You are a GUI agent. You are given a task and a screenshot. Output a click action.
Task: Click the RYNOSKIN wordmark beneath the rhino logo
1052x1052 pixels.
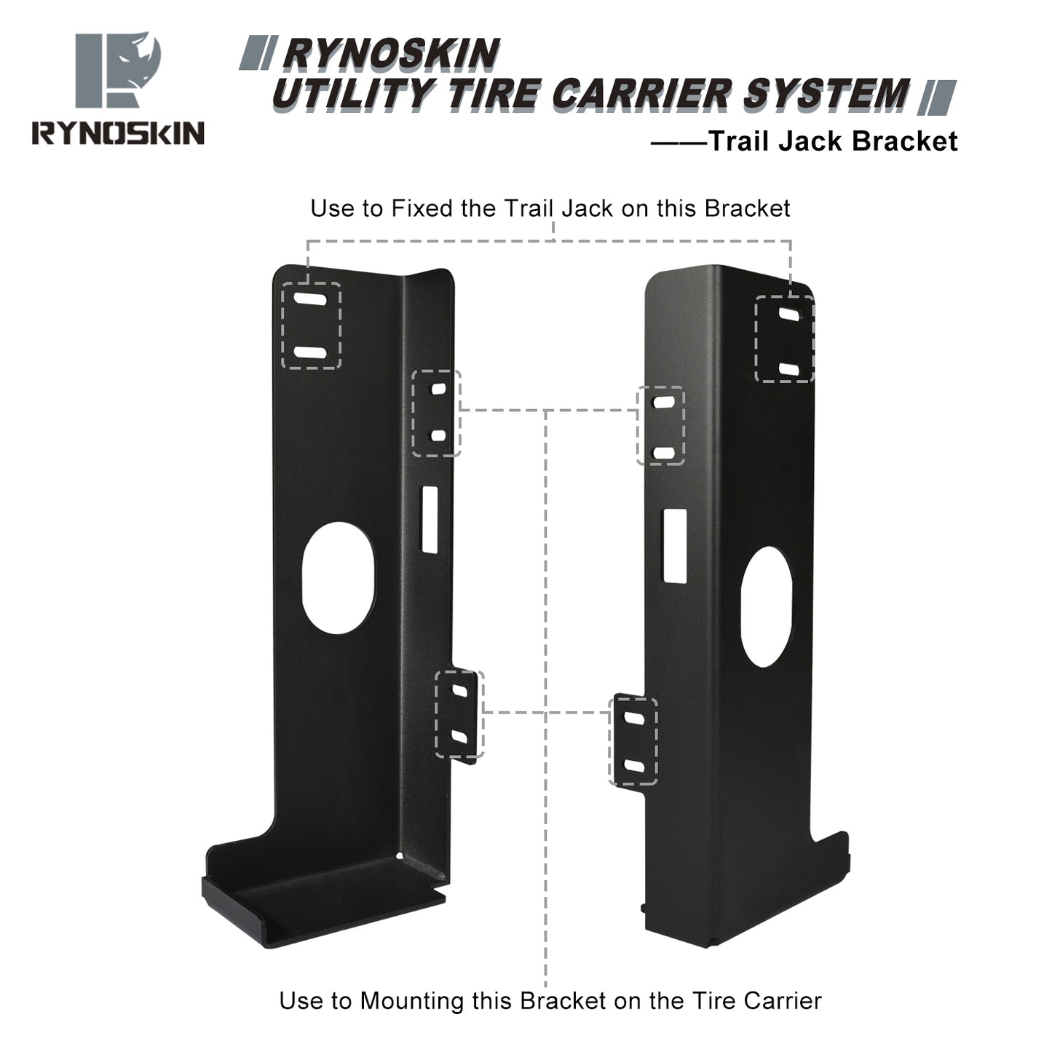coord(118,133)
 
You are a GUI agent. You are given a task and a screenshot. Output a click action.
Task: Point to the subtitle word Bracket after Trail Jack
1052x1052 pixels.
coord(904,141)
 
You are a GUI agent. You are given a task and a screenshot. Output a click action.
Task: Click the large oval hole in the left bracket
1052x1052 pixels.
coord(339,578)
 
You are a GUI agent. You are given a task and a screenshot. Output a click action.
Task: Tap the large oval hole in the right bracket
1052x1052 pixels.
coord(766,606)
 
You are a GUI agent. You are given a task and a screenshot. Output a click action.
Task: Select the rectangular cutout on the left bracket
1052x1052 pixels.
coord(430,520)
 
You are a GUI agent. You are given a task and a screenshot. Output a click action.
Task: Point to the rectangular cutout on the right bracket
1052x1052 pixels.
coord(674,545)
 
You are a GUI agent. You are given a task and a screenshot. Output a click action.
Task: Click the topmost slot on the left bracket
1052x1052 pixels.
coord(311,299)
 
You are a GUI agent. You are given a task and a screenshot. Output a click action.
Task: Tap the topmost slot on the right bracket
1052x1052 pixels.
coord(789,315)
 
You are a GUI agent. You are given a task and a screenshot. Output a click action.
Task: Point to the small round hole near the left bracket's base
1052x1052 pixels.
coord(400,857)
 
